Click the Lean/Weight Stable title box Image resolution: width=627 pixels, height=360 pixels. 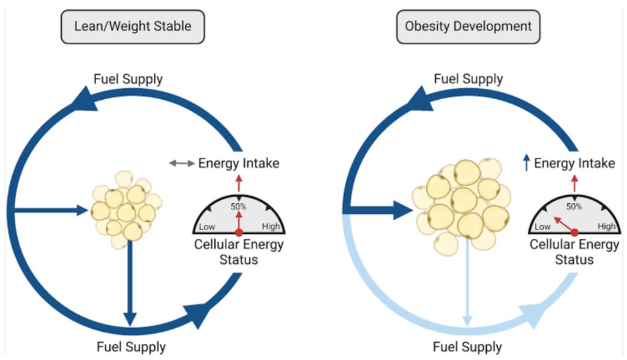pos(132,26)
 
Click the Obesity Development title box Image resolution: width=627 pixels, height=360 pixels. pos(468,26)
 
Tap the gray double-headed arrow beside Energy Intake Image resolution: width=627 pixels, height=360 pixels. pos(182,163)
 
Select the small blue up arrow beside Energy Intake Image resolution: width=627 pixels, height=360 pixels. pos(525,163)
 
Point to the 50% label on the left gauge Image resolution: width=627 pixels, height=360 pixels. pos(238,206)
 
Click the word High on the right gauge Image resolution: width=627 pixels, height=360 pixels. pos(606,227)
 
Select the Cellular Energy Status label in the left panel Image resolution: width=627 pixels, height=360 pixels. pos(239,252)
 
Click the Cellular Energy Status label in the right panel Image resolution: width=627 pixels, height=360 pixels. pos(574,252)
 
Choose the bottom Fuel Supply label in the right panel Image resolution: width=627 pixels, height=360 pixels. pos(467,347)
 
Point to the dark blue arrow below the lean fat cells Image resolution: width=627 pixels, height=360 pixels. pos(129,282)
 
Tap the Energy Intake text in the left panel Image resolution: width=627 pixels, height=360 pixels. pos(239,163)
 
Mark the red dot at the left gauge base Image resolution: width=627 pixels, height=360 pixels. pos(239,233)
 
